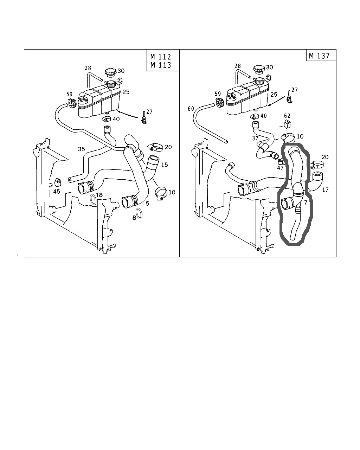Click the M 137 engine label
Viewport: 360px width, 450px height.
[x=319, y=56]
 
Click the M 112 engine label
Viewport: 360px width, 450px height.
[x=161, y=57]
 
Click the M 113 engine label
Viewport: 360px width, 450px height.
[x=161, y=65]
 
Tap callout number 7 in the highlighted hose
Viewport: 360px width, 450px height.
[x=306, y=202]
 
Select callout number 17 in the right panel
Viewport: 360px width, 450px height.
[x=325, y=190]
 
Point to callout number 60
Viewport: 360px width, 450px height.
[x=191, y=109]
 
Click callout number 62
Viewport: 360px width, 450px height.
[x=287, y=115]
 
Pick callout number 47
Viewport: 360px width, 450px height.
[x=280, y=168]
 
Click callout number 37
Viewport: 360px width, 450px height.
[x=256, y=138]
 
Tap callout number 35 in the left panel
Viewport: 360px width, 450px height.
[x=81, y=149]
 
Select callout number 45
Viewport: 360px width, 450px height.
[x=56, y=191]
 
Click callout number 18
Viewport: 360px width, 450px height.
[x=99, y=195]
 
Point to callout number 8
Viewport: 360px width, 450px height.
[x=134, y=218]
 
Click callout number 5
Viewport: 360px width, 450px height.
[x=147, y=203]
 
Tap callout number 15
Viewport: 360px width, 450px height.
[x=165, y=165]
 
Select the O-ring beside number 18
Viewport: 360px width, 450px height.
[x=94, y=199]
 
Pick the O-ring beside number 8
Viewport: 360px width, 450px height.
[x=139, y=213]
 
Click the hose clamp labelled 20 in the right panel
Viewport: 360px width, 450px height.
[x=317, y=164]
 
